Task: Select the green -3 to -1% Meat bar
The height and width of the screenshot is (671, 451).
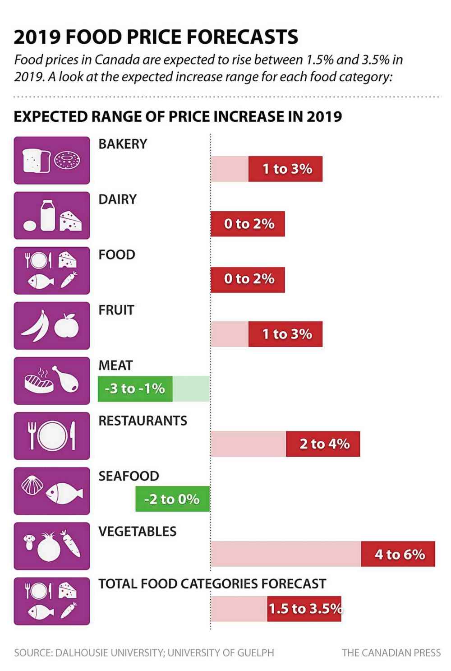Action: tap(135, 389)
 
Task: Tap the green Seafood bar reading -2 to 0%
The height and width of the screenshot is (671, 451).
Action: tap(172, 499)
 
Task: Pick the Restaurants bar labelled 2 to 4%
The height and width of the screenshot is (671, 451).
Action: tap(323, 444)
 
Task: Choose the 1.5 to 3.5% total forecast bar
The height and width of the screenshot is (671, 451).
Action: tap(304, 609)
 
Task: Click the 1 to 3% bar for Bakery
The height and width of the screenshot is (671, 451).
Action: tap(285, 169)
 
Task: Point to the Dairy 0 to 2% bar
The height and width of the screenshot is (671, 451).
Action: tap(248, 223)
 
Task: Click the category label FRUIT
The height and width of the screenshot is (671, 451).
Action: tap(116, 310)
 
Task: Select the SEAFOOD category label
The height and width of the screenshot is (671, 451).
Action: tap(129, 476)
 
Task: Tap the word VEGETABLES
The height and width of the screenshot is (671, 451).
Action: tap(137, 531)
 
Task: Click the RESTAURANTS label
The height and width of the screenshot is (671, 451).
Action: tap(143, 421)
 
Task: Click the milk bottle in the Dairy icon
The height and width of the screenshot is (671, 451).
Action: tap(47, 215)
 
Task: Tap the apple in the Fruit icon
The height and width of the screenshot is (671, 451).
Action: tap(67, 326)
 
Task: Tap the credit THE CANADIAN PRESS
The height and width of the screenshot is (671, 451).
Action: tap(391, 652)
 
